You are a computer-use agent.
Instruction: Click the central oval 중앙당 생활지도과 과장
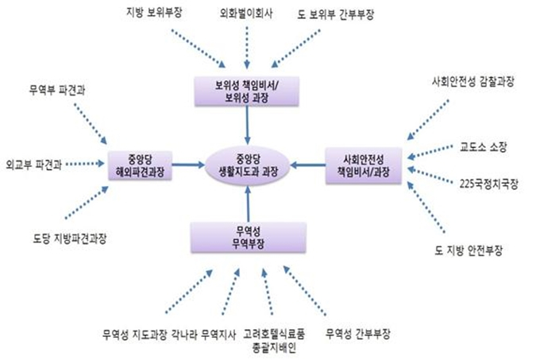[x=249, y=164]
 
